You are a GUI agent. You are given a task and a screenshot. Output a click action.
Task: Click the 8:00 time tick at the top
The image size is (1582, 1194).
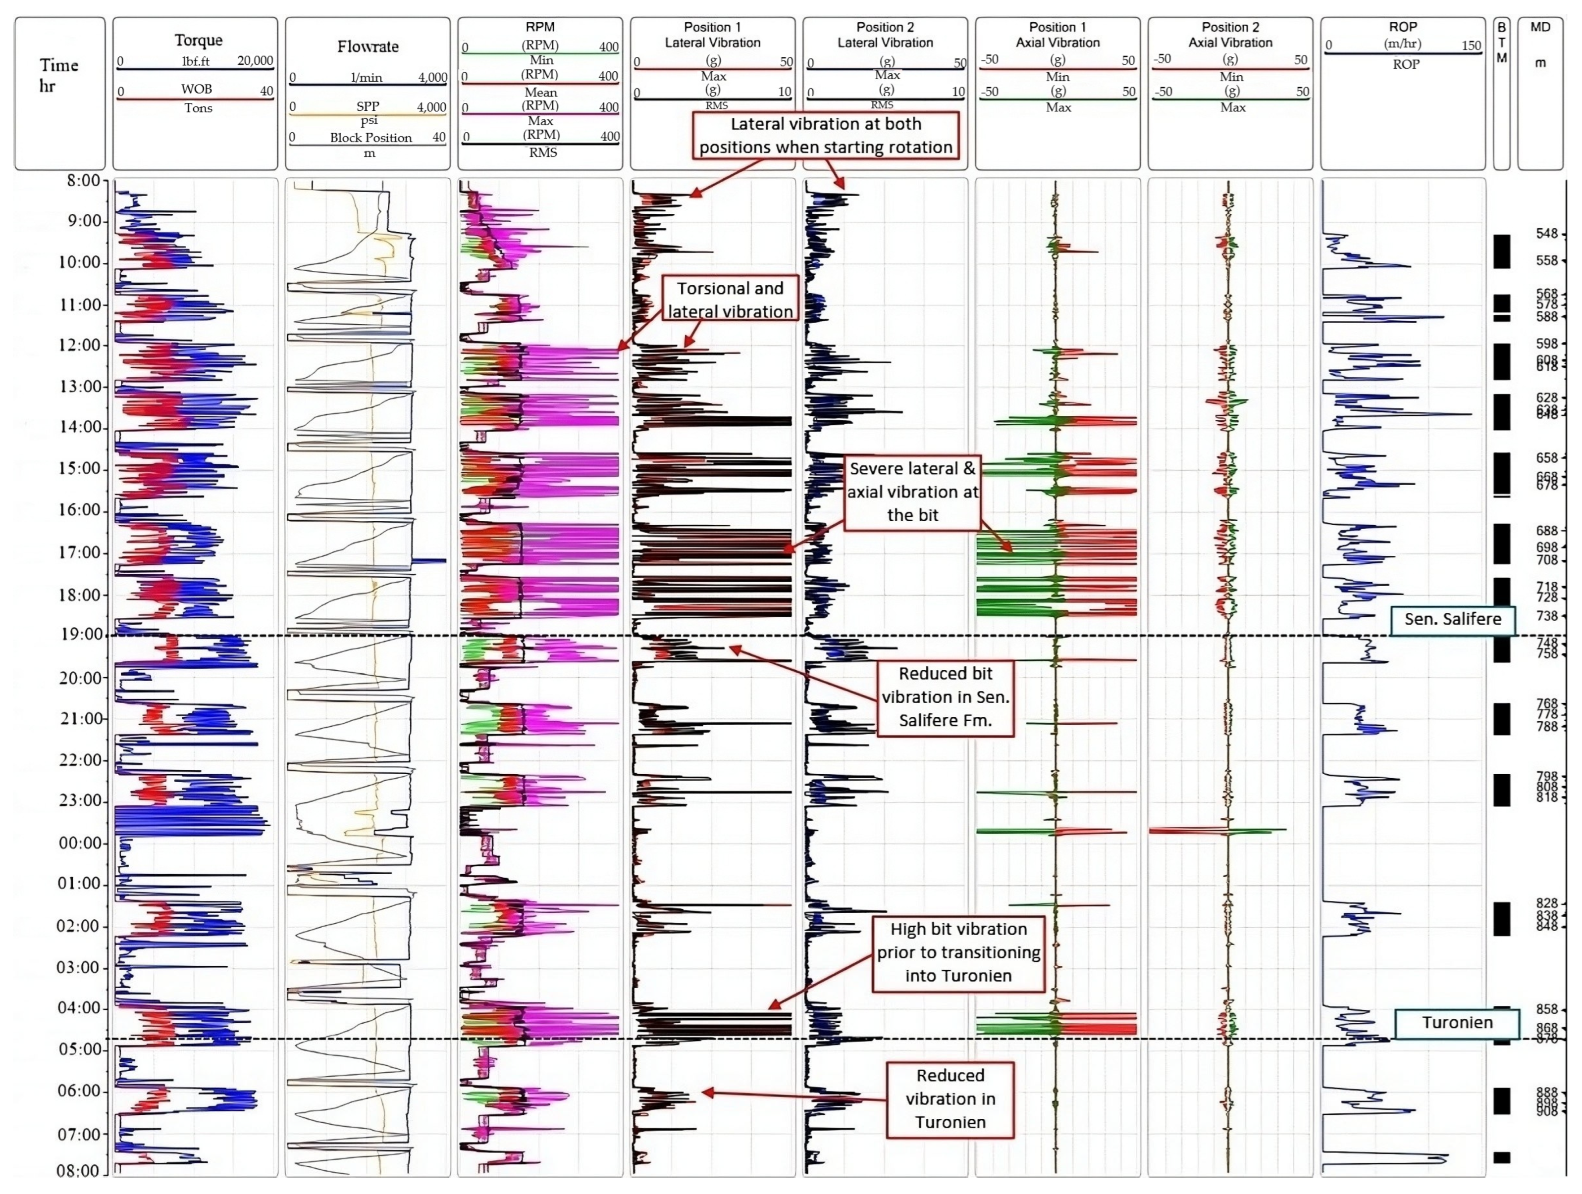pyautogui.click(x=83, y=180)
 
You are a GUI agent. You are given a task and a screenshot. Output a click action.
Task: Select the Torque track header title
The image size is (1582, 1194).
pyautogui.click(x=198, y=40)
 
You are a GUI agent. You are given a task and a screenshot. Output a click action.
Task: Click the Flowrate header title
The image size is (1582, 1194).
pyautogui.click(x=368, y=47)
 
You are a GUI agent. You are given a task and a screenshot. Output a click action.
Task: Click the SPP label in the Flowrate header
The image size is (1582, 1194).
pyautogui.click(x=368, y=106)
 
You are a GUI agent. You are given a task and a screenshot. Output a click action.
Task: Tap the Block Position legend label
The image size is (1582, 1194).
pyautogui.click(x=370, y=137)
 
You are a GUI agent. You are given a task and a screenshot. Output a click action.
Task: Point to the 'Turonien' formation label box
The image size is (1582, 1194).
pyautogui.click(x=1457, y=1022)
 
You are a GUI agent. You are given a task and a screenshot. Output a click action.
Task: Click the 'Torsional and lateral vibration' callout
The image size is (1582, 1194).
pyautogui.click(x=730, y=299)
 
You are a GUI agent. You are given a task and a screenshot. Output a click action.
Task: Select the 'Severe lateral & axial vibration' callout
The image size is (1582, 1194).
pyautogui.click(x=912, y=492)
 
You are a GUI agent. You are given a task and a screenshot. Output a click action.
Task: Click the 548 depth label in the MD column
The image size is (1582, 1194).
pyautogui.click(x=1546, y=234)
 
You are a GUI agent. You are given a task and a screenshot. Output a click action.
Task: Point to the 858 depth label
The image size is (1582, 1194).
pyautogui.click(x=1546, y=1009)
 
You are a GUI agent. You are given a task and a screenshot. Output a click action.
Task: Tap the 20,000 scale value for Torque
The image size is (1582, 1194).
pyautogui.click(x=255, y=61)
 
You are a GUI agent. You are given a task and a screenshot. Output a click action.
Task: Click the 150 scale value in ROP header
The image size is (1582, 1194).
pyautogui.click(x=1471, y=45)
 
